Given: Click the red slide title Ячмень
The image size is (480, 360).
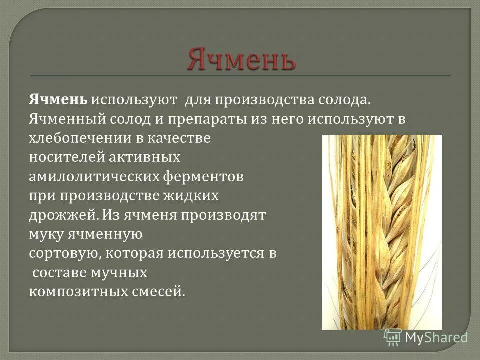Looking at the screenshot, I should pyautogui.click(x=241, y=59).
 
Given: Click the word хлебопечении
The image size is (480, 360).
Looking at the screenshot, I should pyautogui.click(x=76, y=138).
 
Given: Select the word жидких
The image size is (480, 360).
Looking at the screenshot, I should pyautogui.click(x=191, y=196).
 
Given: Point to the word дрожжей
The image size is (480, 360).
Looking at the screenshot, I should pyautogui.click(x=62, y=215).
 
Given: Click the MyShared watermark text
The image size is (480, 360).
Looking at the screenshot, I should pyautogui.click(x=436, y=337).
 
